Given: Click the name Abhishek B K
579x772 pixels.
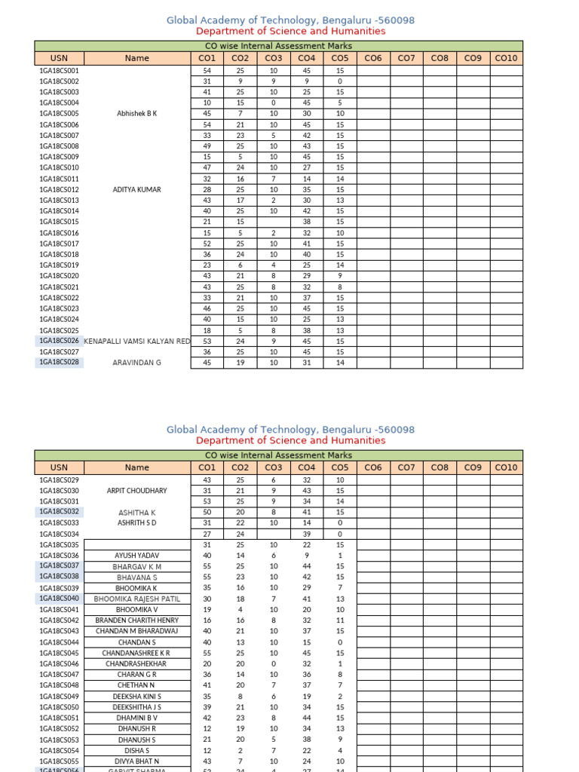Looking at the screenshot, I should pyautogui.click(x=137, y=113).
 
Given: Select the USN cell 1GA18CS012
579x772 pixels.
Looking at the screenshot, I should pyautogui.click(x=59, y=189).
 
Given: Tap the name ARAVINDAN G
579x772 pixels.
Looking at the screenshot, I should pyautogui.click(x=137, y=363).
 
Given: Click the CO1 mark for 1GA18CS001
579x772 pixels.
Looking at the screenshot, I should pyautogui.click(x=207, y=70).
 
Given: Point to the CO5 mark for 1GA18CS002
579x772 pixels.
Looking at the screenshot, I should pyautogui.click(x=340, y=81).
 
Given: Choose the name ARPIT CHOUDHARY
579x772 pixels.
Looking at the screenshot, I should pyautogui.click(x=137, y=490).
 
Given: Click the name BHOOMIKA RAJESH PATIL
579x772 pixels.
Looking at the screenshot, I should pyautogui.click(x=137, y=599).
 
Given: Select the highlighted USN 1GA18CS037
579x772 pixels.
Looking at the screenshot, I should pyautogui.click(x=59, y=565).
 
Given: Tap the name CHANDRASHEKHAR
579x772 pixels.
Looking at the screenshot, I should pyautogui.click(x=137, y=663).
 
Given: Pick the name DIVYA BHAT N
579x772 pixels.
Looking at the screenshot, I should pyautogui.click(x=137, y=761).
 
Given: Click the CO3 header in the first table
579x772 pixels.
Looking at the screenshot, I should pyautogui.click(x=274, y=57).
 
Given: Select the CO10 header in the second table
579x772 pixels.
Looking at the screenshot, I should pyautogui.click(x=506, y=467).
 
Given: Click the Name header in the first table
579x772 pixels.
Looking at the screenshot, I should pyautogui.click(x=137, y=57).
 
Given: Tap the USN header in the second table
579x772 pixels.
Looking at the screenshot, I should pyautogui.click(x=59, y=467).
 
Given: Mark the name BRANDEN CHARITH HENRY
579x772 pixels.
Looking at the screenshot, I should pyautogui.click(x=137, y=620).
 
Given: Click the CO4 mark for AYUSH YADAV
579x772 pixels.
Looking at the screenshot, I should pyautogui.click(x=307, y=555).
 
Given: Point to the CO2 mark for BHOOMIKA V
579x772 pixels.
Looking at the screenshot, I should pyautogui.click(x=240, y=609).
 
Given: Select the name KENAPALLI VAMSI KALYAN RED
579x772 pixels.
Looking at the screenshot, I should pyautogui.click(x=137, y=342).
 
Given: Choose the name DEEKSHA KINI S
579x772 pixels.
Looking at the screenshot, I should pyautogui.click(x=137, y=697).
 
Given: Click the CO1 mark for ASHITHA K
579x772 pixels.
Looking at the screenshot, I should pyautogui.click(x=207, y=512).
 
